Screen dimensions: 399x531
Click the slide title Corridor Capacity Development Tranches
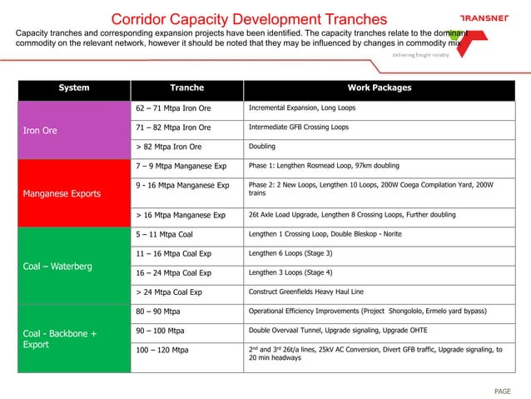pos(249,18)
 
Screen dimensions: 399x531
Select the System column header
pos(74,88)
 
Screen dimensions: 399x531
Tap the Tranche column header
pos(186,88)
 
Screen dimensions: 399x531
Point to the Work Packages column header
pos(379,88)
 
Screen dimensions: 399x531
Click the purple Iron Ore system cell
pos(74,130)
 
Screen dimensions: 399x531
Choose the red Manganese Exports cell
pos(74,193)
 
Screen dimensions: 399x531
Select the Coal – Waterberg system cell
pos(74,267)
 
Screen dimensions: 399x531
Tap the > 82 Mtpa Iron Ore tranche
pos(168,147)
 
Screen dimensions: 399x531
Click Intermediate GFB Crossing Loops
pos(299,127)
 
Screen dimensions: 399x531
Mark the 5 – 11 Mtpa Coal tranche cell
pos(163,235)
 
